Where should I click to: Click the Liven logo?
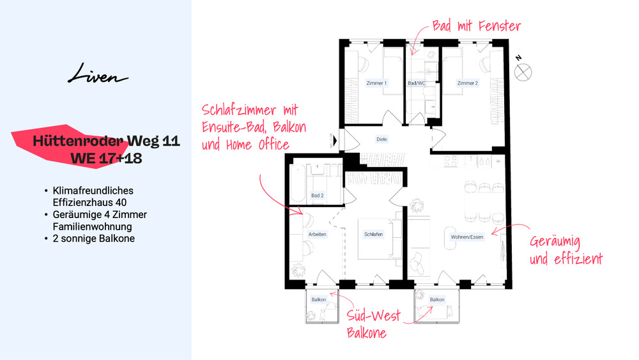(98, 76)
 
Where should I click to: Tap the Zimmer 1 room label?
(376, 83)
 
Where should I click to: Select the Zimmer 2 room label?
(468, 83)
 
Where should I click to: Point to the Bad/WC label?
(417, 83)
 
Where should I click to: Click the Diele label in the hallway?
(382, 139)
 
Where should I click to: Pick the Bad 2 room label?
(318, 195)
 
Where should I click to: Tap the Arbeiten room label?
(318, 235)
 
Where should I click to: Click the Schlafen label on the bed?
(373, 235)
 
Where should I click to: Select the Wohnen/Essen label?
(467, 237)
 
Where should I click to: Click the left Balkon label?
(319, 299)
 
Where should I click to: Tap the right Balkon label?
(437, 299)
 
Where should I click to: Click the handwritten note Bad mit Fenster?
(476, 27)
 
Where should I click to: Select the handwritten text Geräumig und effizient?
(566, 251)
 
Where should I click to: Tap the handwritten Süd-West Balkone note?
(373, 324)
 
